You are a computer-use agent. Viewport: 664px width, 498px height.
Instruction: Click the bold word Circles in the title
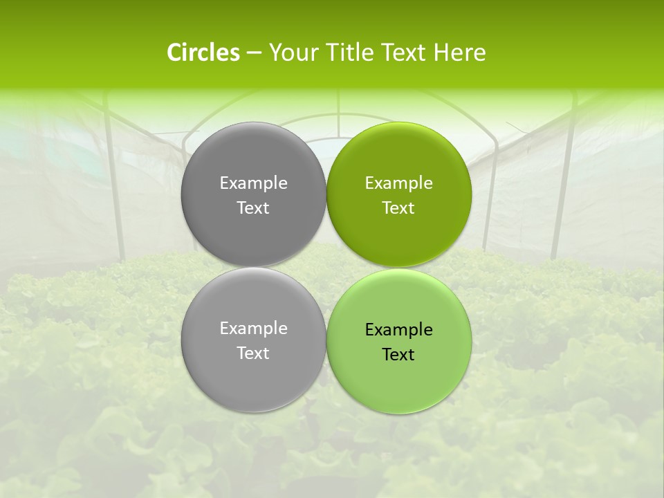pos(203,53)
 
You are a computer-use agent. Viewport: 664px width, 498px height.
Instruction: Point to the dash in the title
pos(253,53)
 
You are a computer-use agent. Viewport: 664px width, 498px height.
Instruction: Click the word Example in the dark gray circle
pos(253,183)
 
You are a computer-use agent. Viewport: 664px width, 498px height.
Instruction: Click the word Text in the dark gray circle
pos(253,207)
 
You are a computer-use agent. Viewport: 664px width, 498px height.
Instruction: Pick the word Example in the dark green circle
pos(398,183)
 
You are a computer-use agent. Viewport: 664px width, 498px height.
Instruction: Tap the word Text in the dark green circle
pos(398,207)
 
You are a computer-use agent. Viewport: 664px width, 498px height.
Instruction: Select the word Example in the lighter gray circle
pos(253,329)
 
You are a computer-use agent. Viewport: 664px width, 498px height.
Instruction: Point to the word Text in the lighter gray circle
pos(253,353)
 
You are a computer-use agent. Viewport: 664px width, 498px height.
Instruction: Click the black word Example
pos(398,330)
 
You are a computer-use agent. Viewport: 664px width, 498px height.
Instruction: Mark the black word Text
pos(398,354)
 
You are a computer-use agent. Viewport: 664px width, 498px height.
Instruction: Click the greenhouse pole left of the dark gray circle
pos(116,187)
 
